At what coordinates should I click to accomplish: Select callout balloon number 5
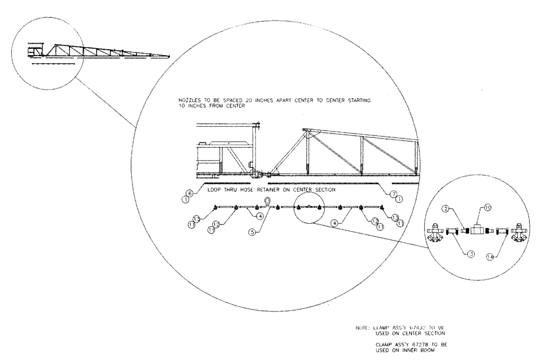point(253,233)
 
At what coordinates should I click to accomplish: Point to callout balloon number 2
point(447,208)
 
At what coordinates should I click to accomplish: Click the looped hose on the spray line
point(267,202)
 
